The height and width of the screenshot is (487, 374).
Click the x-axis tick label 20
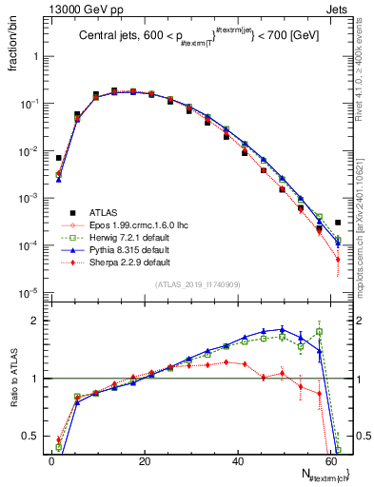click(x=144, y=460)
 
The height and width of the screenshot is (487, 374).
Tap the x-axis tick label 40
click(x=237, y=460)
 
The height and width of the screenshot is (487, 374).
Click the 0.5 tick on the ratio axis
click(x=29, y=437)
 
